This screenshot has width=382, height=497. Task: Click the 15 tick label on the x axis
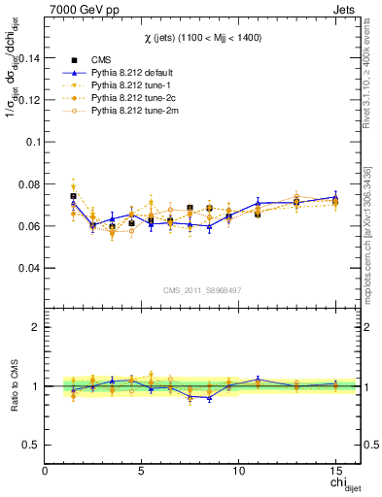point(334,471)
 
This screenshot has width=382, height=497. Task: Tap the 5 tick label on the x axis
point(142,471)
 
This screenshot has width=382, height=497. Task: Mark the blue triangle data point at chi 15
point(334,197)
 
